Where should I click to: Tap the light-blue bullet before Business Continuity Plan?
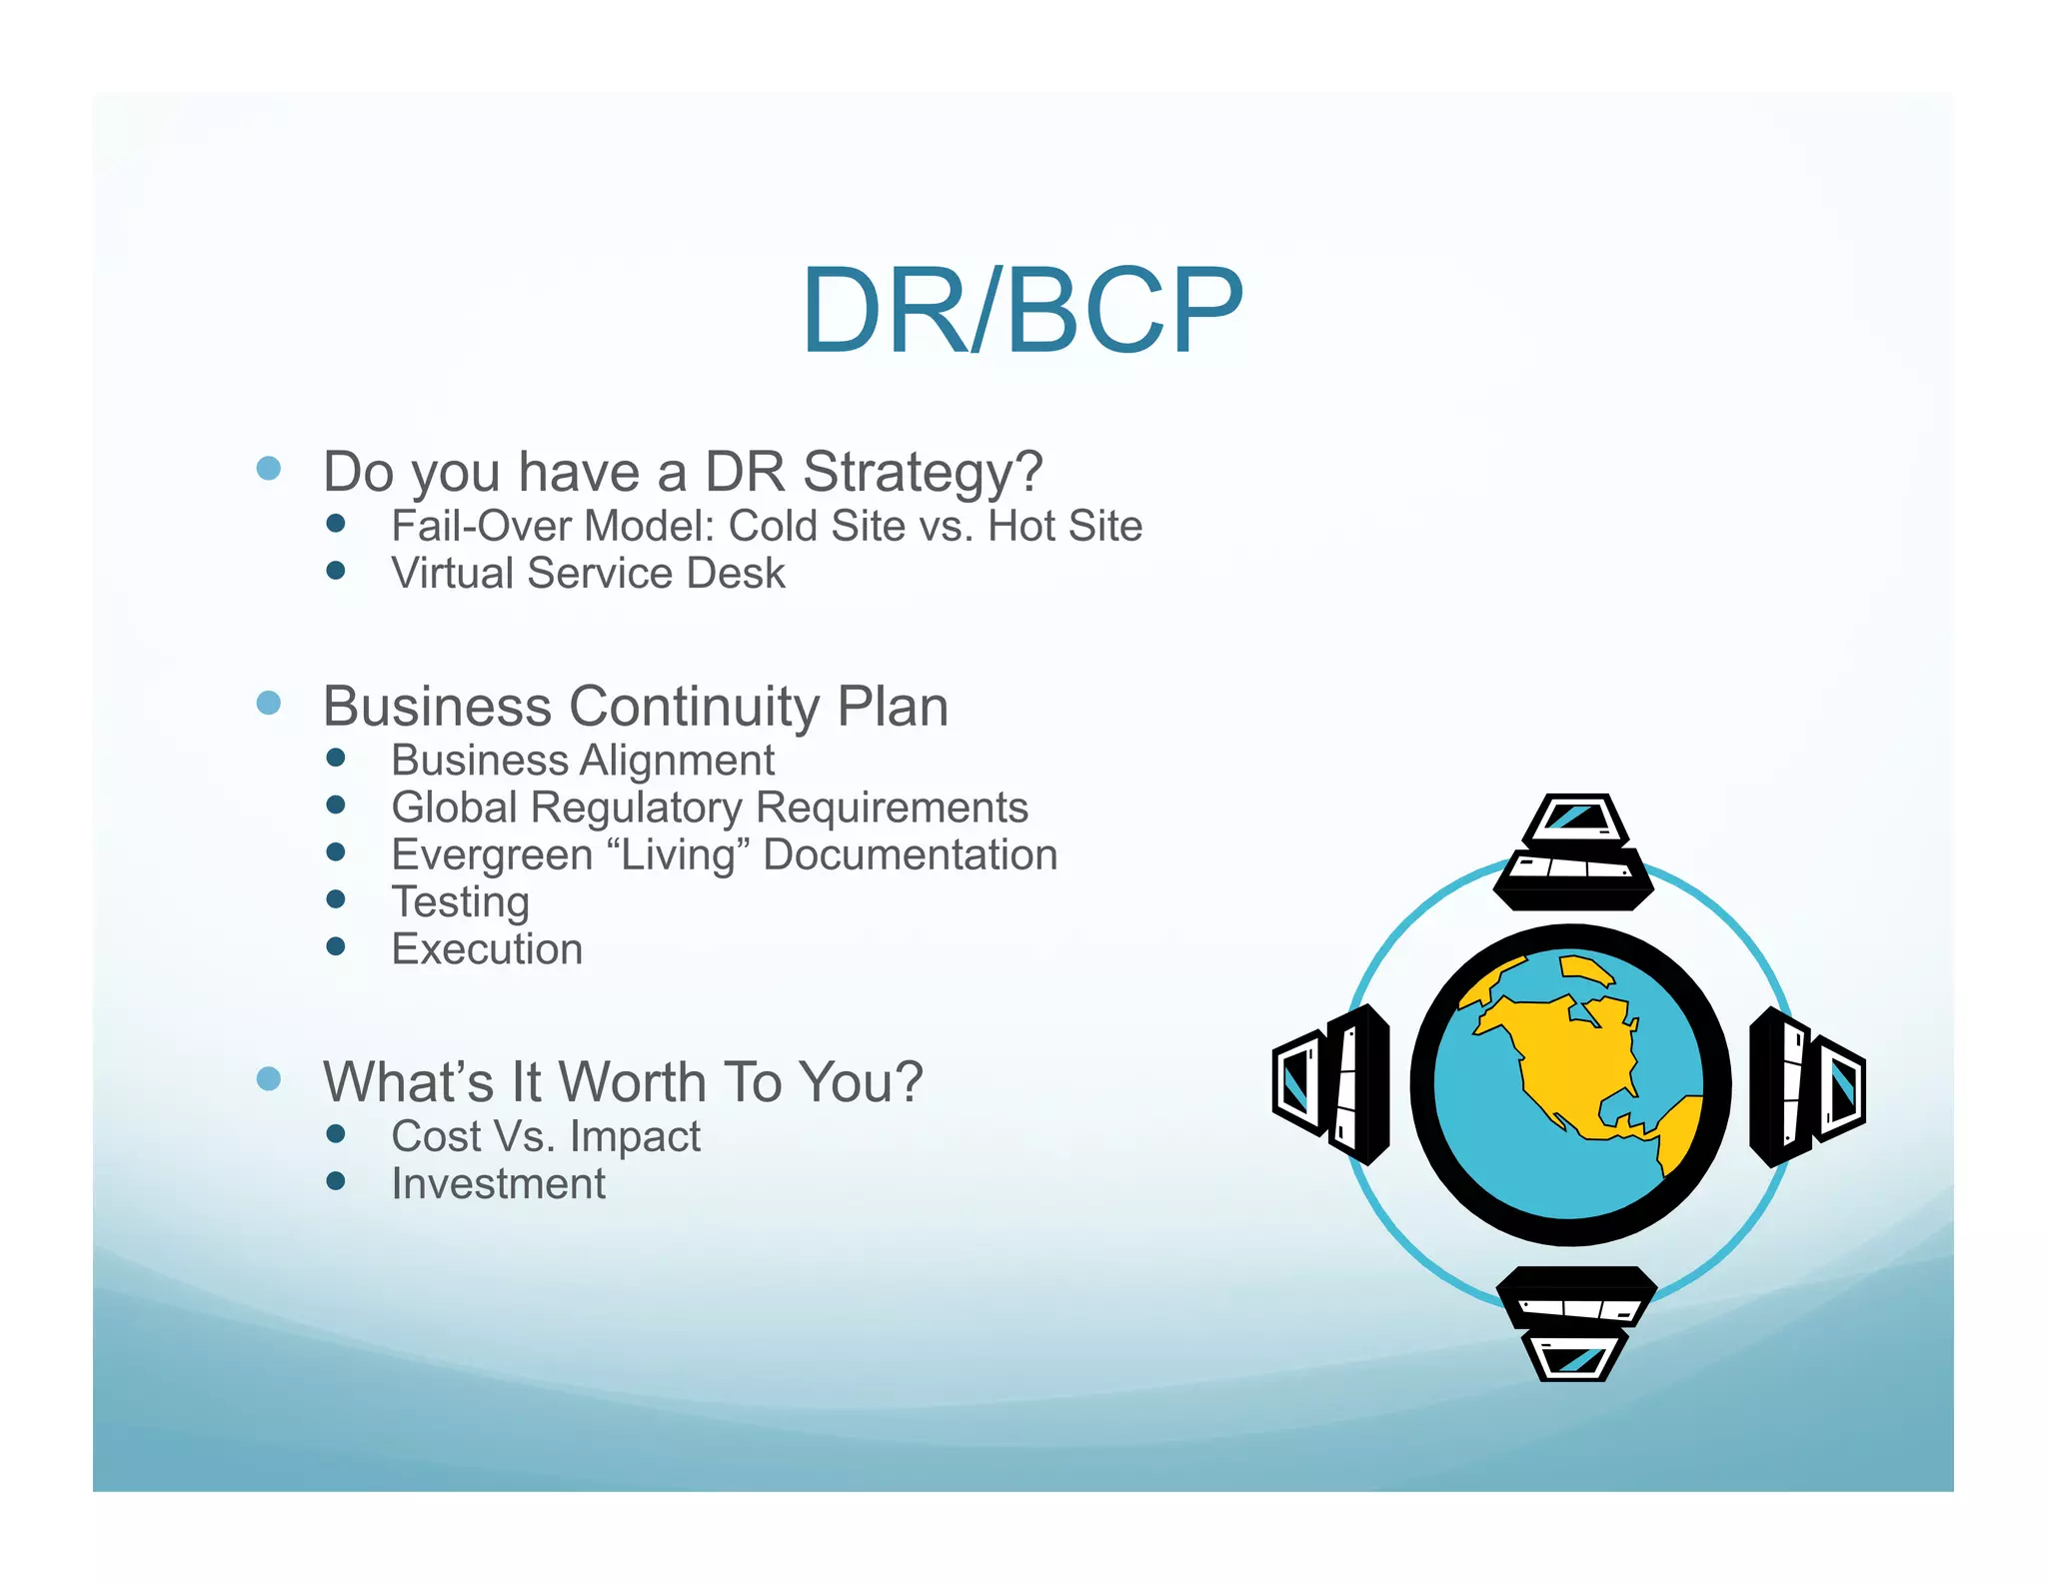(x=268, y=703)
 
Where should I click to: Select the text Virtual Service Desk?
(x=588, y=574)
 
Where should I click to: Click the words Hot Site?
(x=1064, y=526)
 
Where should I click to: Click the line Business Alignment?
(x=582, y=761)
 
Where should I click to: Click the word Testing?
(x=460, y=902)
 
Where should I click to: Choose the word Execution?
(x=487, y=949)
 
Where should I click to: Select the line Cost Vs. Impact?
(x=546, y=1136)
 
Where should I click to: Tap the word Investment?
(x=498, y=1184)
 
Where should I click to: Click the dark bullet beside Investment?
(x=336, y=1181)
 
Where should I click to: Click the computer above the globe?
(x=1574, y=852)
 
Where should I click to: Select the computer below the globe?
(x=1576, y=1321)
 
